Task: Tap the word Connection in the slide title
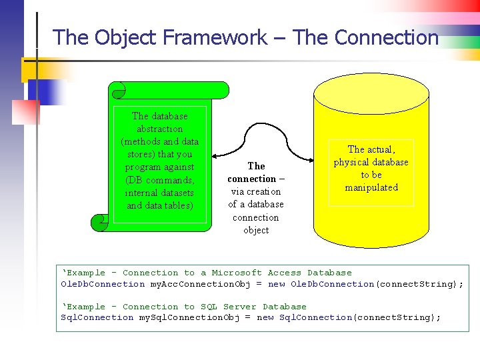387,37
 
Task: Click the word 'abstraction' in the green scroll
159,129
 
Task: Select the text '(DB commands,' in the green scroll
159,180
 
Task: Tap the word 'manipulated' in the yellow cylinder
371,187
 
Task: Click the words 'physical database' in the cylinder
371,162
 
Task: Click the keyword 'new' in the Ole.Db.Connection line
277,284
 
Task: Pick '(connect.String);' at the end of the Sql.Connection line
397,317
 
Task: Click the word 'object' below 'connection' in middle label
256,230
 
